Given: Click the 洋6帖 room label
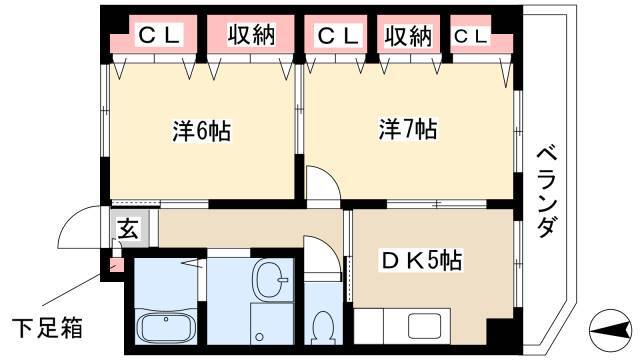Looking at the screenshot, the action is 202,131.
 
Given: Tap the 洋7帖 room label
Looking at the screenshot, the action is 408,129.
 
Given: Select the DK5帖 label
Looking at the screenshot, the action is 422,260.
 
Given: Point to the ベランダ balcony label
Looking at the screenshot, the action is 546,192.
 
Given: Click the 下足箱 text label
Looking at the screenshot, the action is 47,327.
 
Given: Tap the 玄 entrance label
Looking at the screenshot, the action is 128,229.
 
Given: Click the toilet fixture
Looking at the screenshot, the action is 323,328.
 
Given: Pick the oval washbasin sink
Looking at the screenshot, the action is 270,280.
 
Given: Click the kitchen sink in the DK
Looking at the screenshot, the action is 424,326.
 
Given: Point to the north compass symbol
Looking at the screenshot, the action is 610,331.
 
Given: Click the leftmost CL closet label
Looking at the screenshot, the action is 159,35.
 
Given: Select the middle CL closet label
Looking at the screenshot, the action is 338,36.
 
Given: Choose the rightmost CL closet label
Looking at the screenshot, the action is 470,36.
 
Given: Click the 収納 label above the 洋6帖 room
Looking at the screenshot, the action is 251,34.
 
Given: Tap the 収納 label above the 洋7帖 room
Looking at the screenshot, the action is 408,36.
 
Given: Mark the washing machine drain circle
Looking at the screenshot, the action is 259,337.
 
